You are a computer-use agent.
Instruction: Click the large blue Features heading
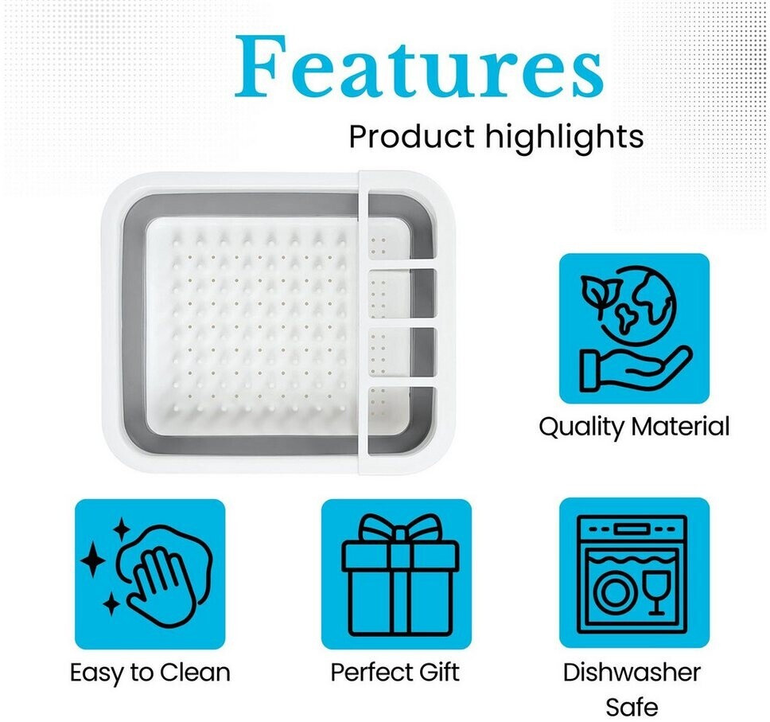(x=419, y=66)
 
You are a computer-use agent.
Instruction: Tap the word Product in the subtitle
(x=411, y=137)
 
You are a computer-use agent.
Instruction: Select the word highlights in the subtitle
(x=564, y=138)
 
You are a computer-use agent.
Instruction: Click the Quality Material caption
(x=634, y=427)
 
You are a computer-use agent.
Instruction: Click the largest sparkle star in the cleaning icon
(x=93, y=560)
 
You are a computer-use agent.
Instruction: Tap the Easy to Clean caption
(x=150, y=673)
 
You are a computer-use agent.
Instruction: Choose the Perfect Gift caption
(x=395, y=673)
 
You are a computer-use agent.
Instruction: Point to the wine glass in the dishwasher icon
(x=656, y=592)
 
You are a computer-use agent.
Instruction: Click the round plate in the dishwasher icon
(x=614, y=591)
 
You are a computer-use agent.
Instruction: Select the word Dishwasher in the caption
(x=632, y=673)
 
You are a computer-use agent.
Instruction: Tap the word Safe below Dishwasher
(x=632, y=707)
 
